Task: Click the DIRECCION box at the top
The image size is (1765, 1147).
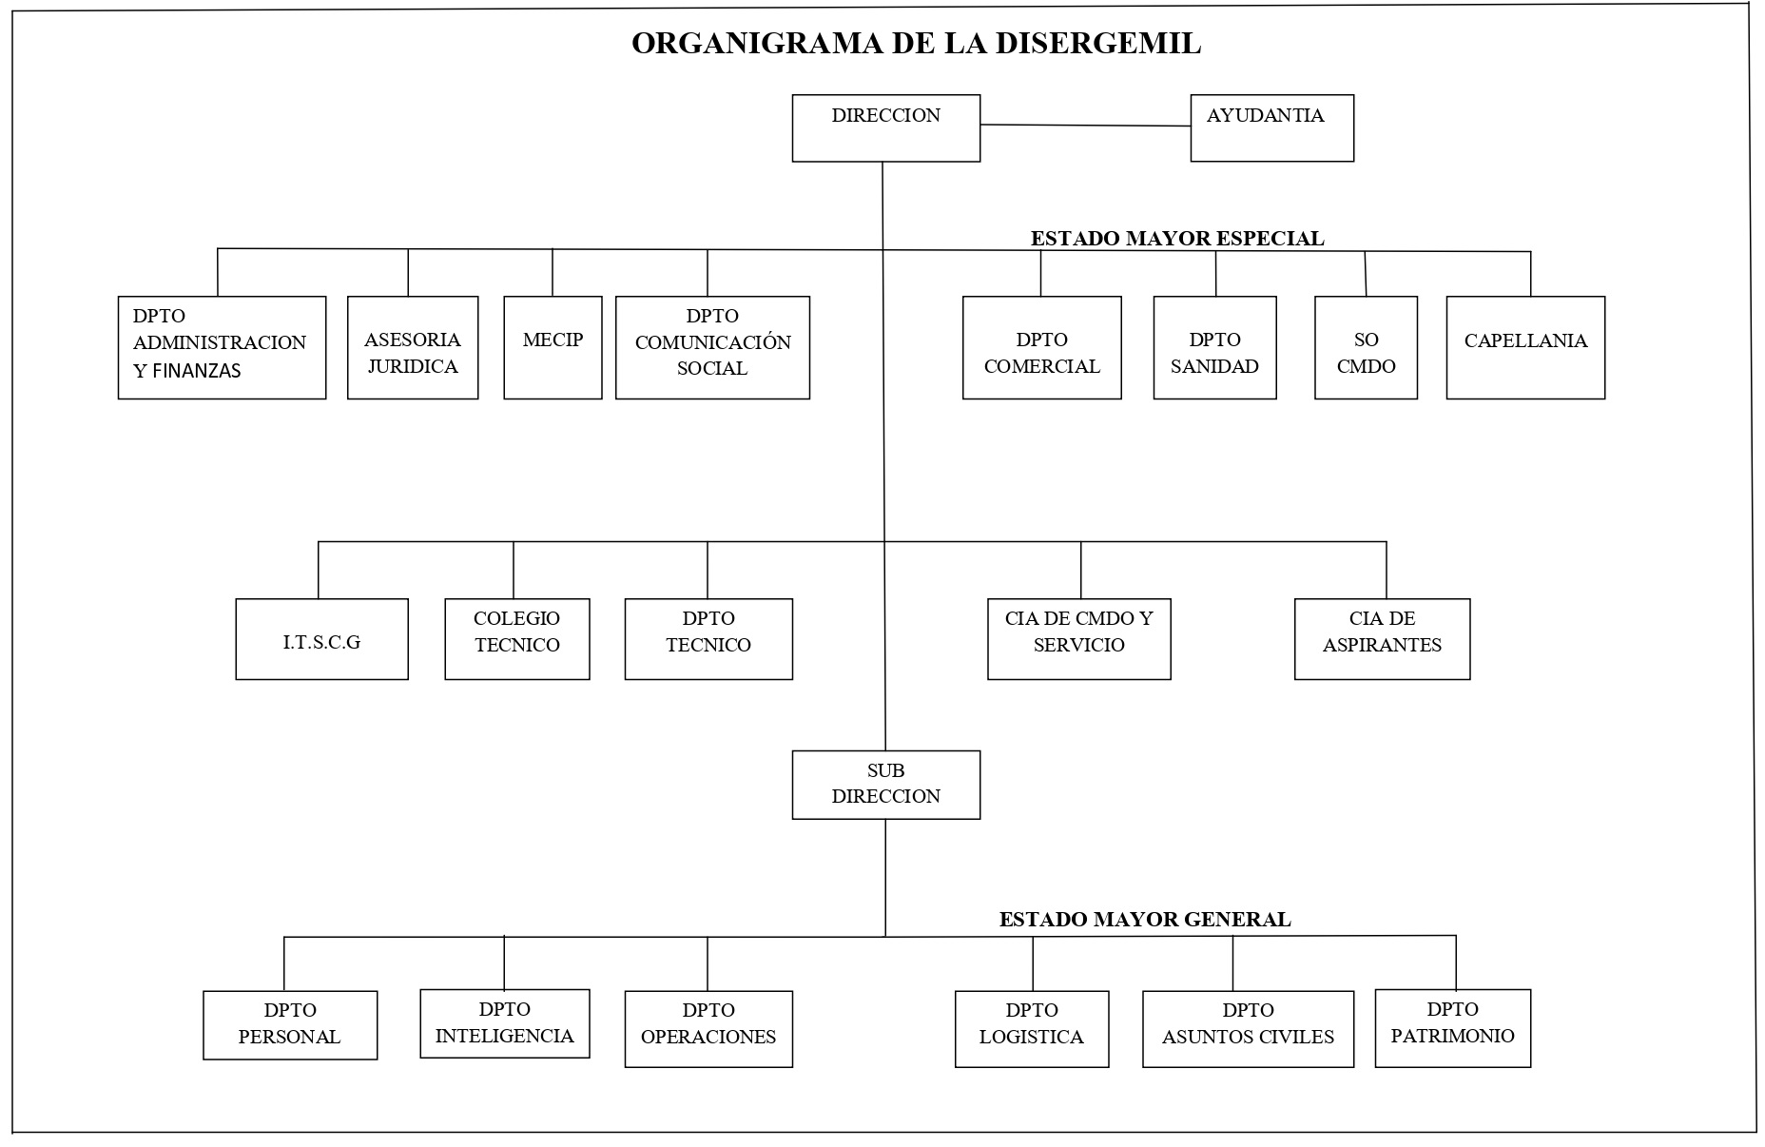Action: [885, 128]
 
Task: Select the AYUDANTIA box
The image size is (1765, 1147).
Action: [1271, 128]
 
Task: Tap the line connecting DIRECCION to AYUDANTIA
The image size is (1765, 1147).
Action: [1085, 125]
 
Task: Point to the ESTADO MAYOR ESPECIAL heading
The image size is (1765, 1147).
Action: [1177, 238]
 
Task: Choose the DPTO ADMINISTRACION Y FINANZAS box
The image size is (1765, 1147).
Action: [222, 347]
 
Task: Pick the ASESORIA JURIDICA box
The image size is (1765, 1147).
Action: [413, 347]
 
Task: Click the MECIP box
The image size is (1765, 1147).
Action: [553, 347]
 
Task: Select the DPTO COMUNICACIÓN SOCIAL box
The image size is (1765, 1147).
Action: [712, 347]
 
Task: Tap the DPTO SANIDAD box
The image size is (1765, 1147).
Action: [1214, 347]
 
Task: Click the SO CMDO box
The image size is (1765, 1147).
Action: [1366, 347]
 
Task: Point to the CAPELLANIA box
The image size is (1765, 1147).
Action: [1525, 347]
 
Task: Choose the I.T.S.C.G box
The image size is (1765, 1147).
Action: [321, 639]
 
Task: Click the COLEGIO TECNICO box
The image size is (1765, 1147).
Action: [517, 639]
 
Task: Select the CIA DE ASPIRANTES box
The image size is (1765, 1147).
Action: [1382, 639]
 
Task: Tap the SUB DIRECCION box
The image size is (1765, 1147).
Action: [885, 785]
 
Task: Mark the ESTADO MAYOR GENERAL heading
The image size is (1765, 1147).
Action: [1145, 920]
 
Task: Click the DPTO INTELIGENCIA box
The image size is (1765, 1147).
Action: [505, 1023]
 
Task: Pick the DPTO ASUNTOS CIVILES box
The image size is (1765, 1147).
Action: [1248, 1029]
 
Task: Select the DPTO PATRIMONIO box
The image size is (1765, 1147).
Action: [1453, 1028]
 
